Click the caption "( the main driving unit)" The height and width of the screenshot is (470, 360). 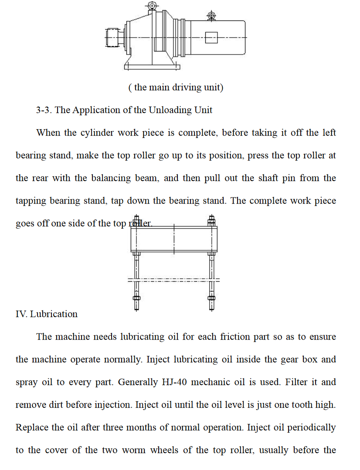pos(176,87)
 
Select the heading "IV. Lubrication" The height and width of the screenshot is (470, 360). pos(47,314)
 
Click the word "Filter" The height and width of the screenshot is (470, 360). pos(298,382)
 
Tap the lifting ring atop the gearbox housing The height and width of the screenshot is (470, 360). pos(152,6)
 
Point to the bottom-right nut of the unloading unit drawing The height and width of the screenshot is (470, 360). pos(212,299)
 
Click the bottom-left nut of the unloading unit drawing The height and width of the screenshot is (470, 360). pos(136,299)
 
